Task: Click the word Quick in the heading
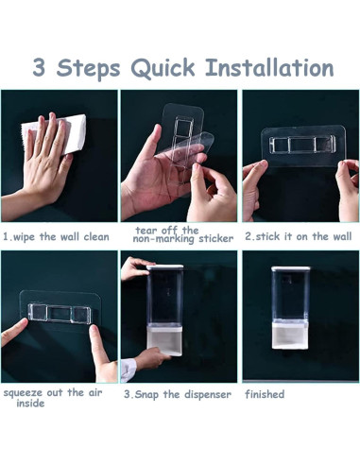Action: tap(163, 68)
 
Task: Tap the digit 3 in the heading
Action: tap(39, 67)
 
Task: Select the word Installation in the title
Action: tap(269, 67)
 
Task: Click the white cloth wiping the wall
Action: tap(57, 134)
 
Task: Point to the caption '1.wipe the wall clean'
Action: tap(56, 236)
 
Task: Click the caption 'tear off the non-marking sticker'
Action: tap(183, 234)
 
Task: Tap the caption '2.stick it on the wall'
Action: tap(299, 236)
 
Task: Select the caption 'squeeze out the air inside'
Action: tap(53, 398)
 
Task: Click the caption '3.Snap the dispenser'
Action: tap(178, 394)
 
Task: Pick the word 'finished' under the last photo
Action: tap(265, 394)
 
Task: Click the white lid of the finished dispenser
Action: tap(291, 268)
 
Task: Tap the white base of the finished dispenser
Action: tap(290, 336)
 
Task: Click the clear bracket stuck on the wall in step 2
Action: tap(303, 146)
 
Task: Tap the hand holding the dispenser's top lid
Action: tap(135, 268)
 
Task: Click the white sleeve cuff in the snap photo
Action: tap(128, 370)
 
